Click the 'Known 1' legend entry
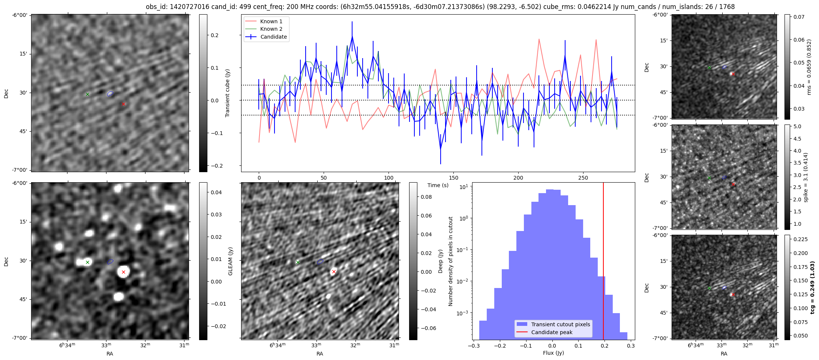(271, 21)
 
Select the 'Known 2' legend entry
(271, 29)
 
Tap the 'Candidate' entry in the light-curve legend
(273, 37)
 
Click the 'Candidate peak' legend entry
(552, 332)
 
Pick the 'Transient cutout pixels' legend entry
(560, 324)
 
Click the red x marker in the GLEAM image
(123, 272)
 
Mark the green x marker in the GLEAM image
(87, 262)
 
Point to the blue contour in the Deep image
(320, 262)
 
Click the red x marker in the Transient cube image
(123, 104)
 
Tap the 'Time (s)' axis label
(438, 185)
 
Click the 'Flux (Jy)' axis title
(553, 353)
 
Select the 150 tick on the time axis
(453, 178)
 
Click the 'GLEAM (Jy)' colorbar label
(230, 261)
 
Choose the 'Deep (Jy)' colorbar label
(440, 261)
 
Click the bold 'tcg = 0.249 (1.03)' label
(812, 287)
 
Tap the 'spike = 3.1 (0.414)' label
(805, 177)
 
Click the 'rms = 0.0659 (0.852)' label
(809, 67)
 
